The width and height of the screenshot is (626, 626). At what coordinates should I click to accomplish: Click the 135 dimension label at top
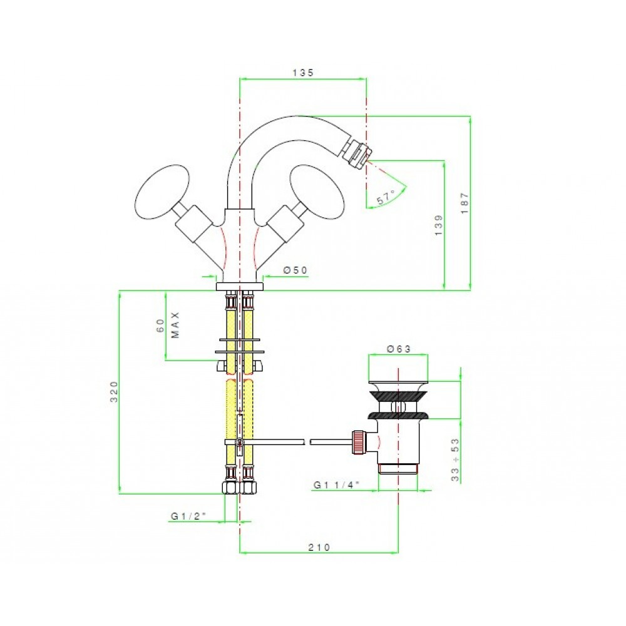coord(303,72)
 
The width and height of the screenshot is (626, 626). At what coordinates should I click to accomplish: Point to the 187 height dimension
coord(464,203)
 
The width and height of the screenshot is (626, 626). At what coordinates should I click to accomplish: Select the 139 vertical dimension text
coord(438,225)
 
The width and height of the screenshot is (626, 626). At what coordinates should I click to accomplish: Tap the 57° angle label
coord(386,197)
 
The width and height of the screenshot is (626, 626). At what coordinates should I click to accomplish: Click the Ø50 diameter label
coord(295,270)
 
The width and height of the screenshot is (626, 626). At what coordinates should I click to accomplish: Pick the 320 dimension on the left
coord(114,391)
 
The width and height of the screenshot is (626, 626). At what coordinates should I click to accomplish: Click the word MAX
coord(175,325)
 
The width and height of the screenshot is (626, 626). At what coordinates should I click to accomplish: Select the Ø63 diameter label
coord(398,349)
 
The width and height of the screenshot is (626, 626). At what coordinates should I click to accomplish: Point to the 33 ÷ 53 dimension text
coord(454,459)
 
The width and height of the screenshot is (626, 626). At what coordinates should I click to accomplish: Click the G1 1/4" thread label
coord(336,485)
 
